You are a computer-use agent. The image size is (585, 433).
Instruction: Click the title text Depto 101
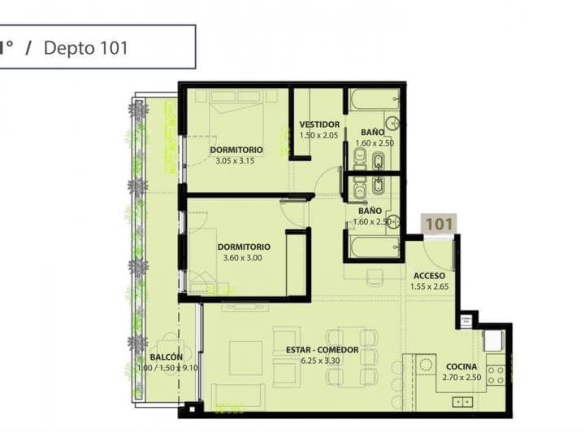(x=85, y=47)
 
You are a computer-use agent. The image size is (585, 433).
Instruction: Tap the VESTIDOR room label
(x=318, y=125)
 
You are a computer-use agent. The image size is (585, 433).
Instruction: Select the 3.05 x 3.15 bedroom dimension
(x=236, y=161)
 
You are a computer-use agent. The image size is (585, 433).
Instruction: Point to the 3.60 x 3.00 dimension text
(x=243, y=258)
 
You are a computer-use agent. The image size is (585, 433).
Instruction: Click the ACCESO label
(x=429, y=276)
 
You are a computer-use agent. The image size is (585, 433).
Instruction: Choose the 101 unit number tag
(x=439, y=223)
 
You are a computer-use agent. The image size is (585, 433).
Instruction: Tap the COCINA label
(x=461, y=367)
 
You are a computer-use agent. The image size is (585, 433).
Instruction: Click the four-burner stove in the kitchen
(x=495, y=374)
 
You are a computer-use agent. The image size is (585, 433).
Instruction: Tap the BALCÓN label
(x=166, y=357)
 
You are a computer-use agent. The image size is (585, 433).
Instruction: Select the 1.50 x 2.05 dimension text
(x=318, y=135)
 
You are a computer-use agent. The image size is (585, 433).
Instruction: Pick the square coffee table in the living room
(x=245, y=357)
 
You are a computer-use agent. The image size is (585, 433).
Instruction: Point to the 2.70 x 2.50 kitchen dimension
(x=461, y=378)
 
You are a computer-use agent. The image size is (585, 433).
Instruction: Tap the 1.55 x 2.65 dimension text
(x=429, y=286)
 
